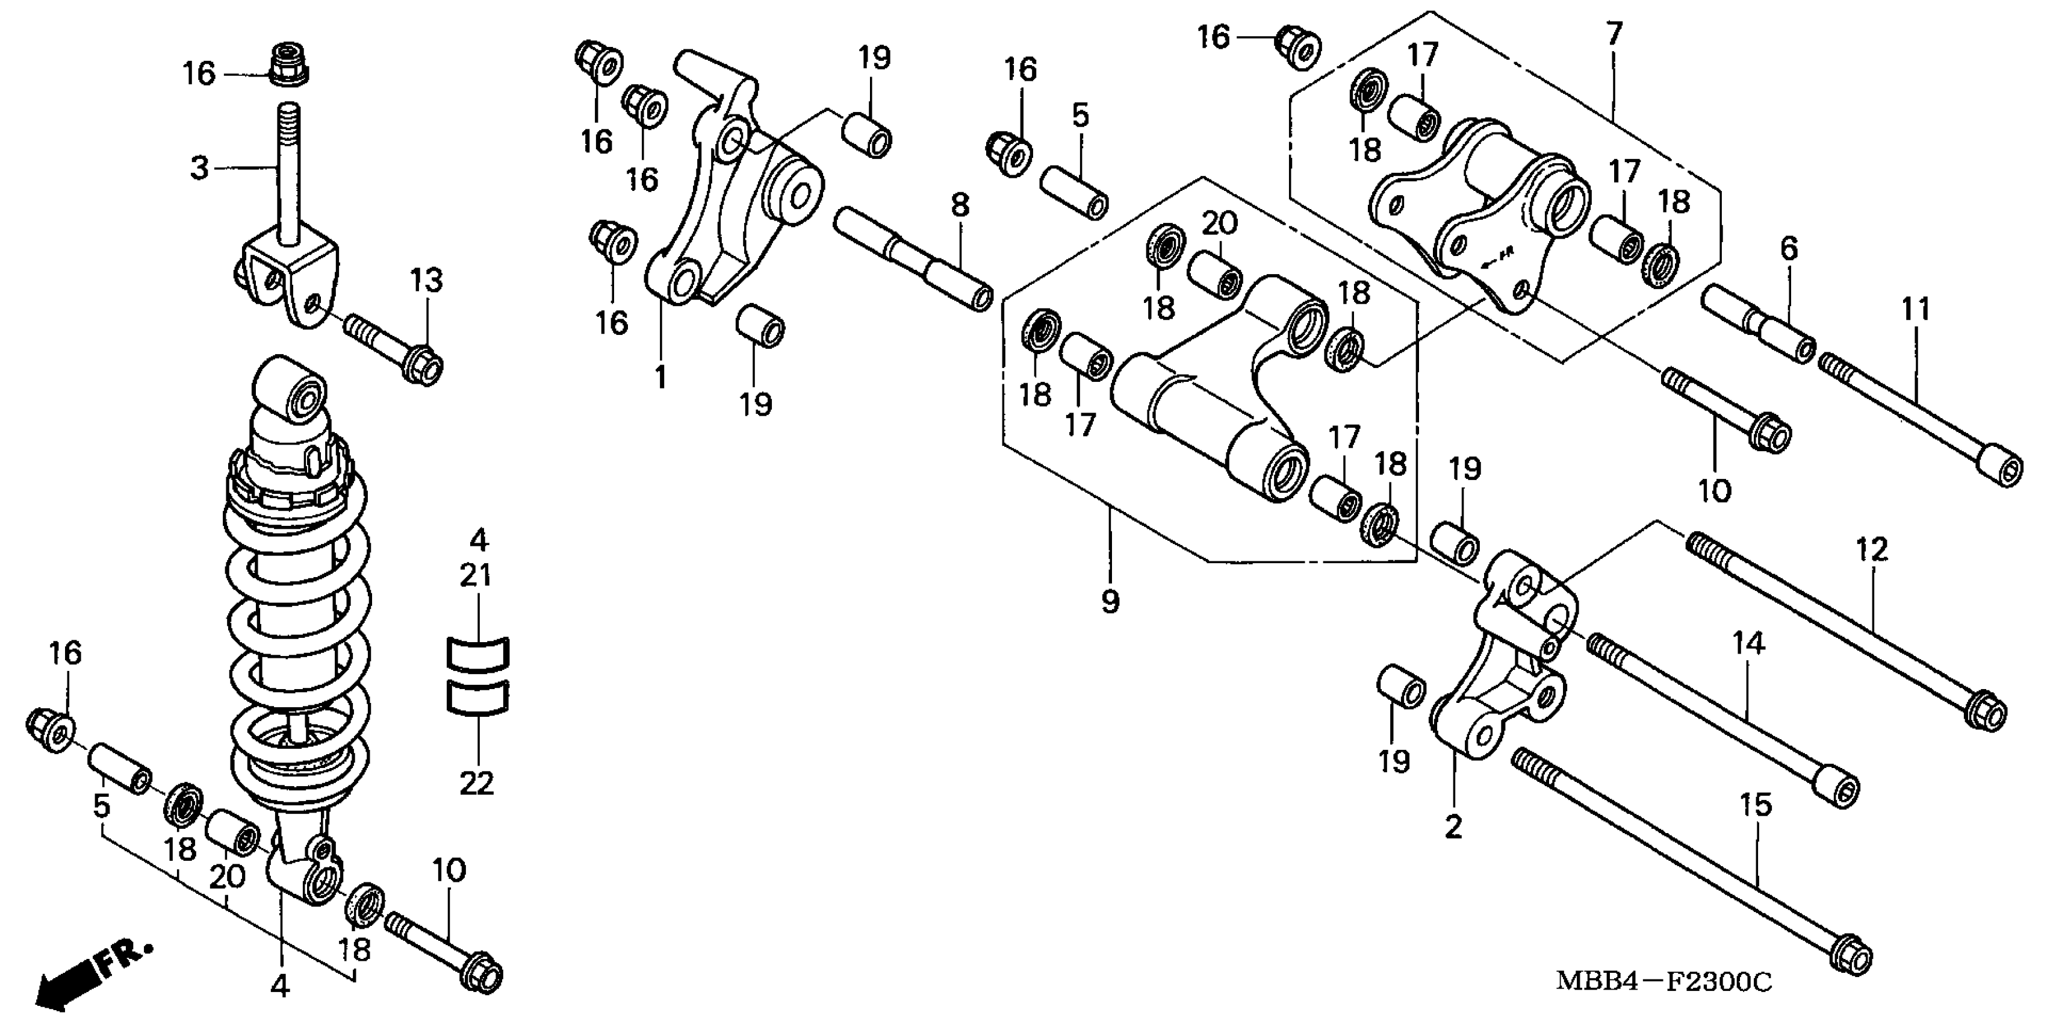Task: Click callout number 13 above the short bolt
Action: pyautogui.click(x=427, y=281)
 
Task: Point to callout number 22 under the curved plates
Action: pyautogui.click(x=477, y=783)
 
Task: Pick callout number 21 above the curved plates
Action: pyautogui.click(x=476, y=575)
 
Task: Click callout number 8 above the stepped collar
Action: pyautogui.click(x=961, y=206)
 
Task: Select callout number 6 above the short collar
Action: pyautogui.click(x=1789, y=249)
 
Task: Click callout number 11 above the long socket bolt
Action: pyautogui.click(x=1915, y=308)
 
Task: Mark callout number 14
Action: pyautogui.click(x=1748, y=642)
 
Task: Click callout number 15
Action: pyautogui.click(x=1756, y=805)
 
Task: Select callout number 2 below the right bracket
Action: pyautogui.click(x=1453, y=828)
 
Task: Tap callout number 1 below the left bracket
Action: pyautogui.click(x=661, y=378)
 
